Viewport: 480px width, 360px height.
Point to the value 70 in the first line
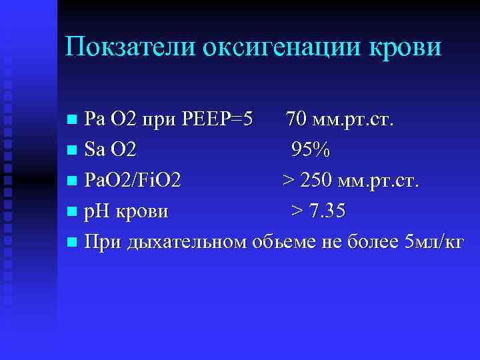pyautogui.click(x=297, y=120)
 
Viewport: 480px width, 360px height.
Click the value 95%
pyautogui.click(x=310, y=151)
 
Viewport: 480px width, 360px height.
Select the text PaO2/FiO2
pyautogui.click(x=131, y=181)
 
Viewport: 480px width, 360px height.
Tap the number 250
pyautogui.click(x=318, y=181)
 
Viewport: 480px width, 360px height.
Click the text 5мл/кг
pyautogui.click(x=433, y=242)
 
